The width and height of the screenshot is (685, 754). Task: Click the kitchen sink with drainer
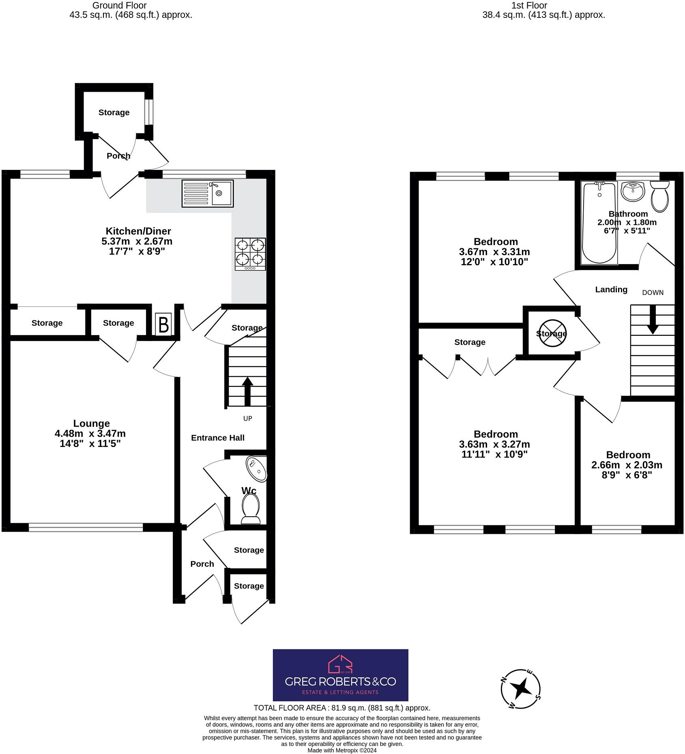coord(207,193)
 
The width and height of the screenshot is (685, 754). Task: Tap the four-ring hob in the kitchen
coord(250,254)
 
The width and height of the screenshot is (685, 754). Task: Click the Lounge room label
coord(91,423)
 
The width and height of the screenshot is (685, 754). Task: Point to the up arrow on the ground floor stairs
coord(247,391)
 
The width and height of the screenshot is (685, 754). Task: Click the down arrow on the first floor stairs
coord(652,319)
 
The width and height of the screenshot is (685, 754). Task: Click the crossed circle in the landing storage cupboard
coord(551,333)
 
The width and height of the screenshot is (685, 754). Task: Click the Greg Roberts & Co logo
coord(340,675)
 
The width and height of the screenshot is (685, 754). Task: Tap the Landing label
coord(611,289)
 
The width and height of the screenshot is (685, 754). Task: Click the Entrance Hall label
coord(217,438)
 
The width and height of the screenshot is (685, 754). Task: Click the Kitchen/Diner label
coord(138,231)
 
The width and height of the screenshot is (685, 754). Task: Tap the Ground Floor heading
coord(119,5)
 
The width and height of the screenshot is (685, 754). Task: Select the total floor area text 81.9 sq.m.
coord(341,708)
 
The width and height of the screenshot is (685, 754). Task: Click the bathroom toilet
coord(659,196)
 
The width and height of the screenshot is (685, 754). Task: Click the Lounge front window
coord(86,527)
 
